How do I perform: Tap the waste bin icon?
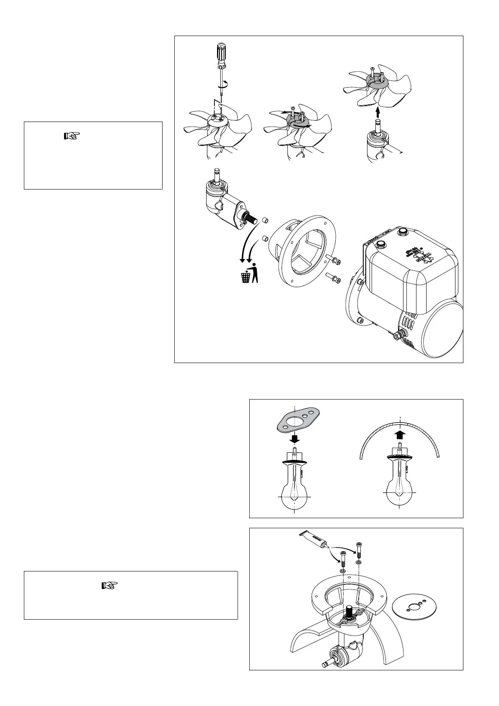point(245,277)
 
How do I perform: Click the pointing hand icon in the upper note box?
point(72,136)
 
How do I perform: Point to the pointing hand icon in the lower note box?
point(110,585)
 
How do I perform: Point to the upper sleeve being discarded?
point(265,220)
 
